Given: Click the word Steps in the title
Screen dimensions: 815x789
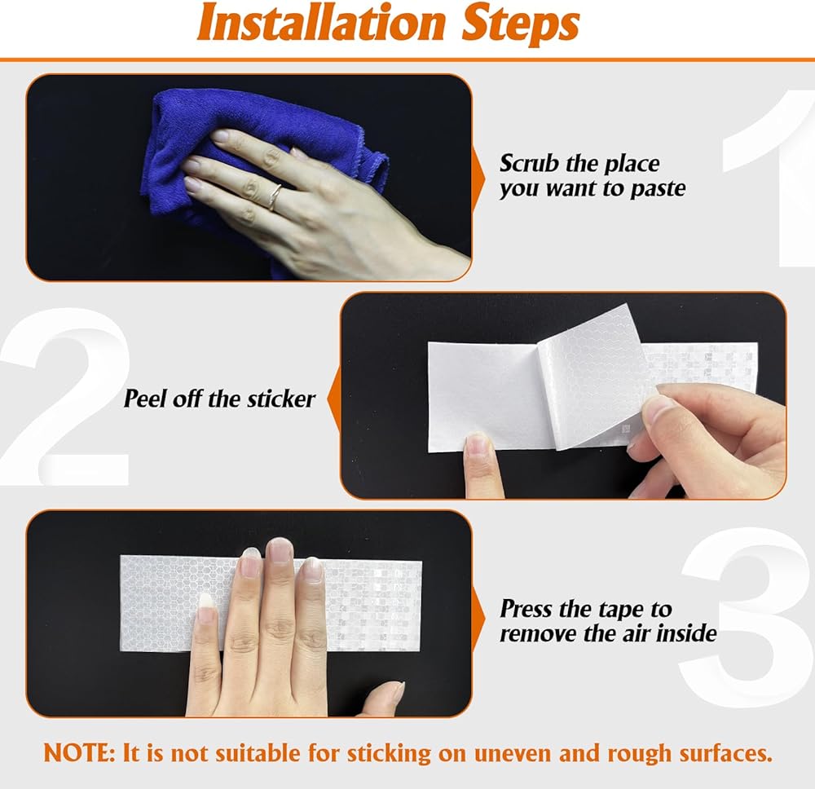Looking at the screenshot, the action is pos(520,24).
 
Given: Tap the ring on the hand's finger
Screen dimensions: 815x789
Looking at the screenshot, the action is pos(275,197).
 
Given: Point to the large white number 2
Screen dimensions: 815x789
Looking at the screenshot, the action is pos(65,398).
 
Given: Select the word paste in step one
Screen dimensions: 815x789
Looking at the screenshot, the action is pos(658,189).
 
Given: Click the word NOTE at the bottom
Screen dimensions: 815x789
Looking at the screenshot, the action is pos(79,753).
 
